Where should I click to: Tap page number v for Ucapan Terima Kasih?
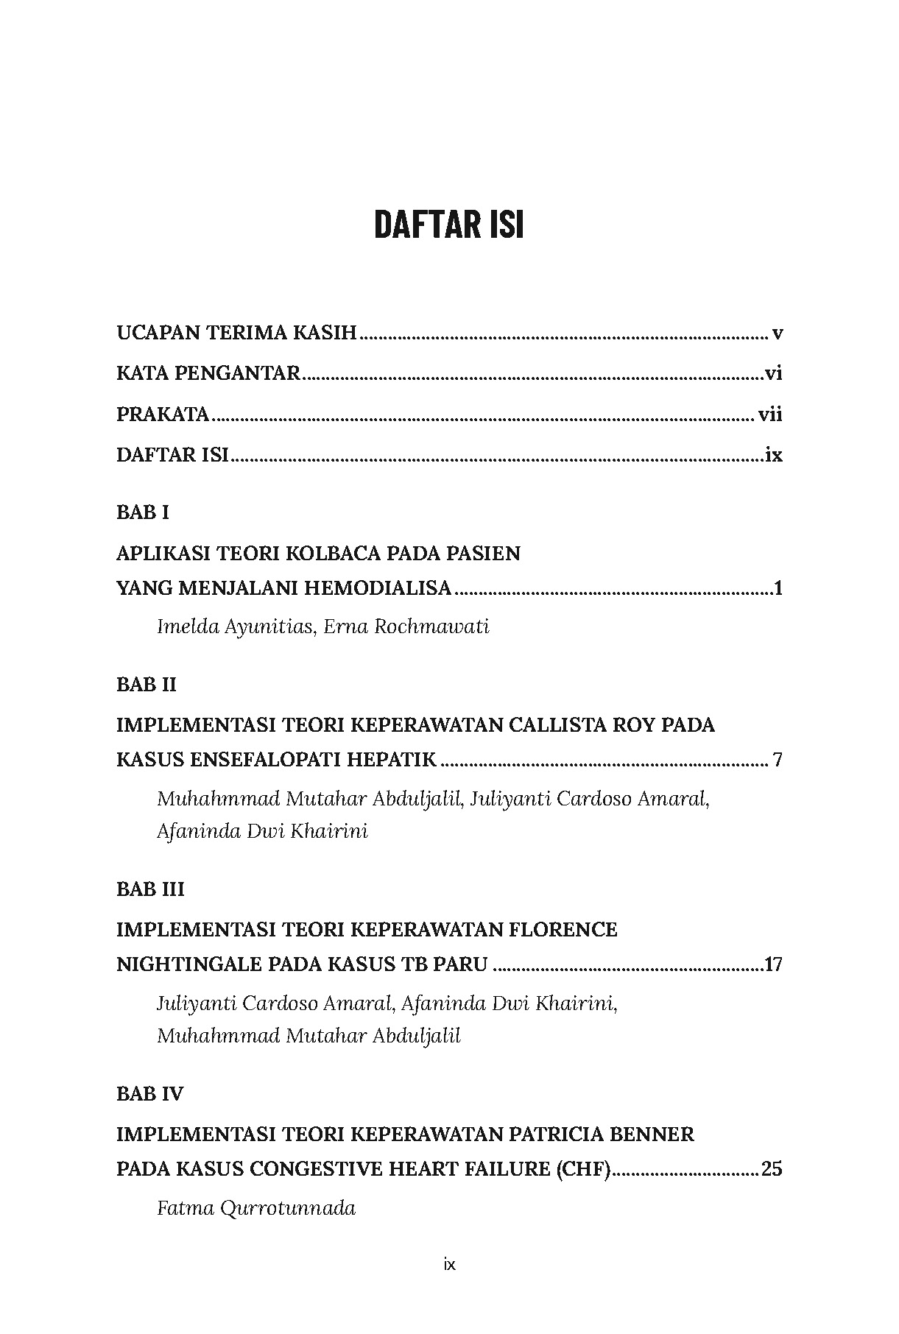click(x=777, y=333)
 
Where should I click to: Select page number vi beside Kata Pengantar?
click(x=773, y=374)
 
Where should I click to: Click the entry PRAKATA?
click(x=163, y=414)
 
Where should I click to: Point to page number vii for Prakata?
click(x=770, y=414)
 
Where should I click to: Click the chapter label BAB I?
click(x=143, y=512)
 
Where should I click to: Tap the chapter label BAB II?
click(x=147, y=685)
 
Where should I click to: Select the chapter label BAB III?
click(x=150, y=889)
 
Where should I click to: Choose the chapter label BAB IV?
click(x=150, y=1094)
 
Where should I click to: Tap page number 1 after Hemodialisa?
click(x=778, y=588)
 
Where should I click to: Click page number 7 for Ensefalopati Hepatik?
click(x=778, y=760)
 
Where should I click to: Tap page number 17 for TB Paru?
click(x=773, y=964)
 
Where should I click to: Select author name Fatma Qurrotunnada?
click(x=256, y=1208)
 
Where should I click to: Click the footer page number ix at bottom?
click(x=450, y=1265)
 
